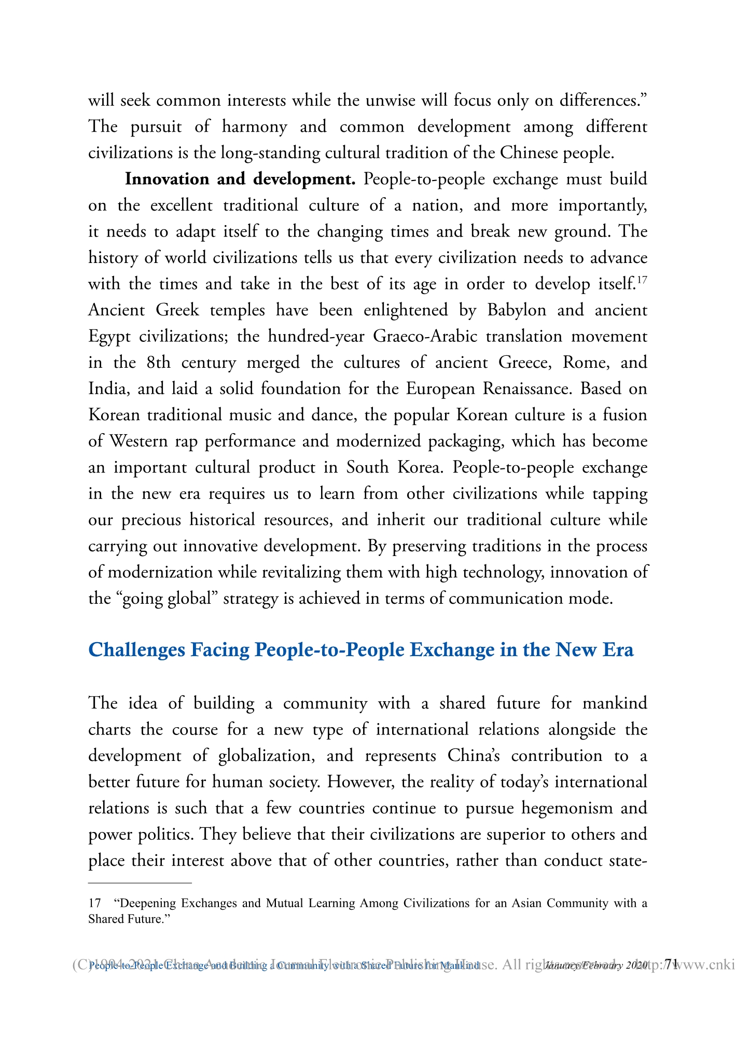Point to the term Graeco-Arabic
(425, 337)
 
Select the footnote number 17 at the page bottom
(94, 903)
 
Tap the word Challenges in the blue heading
(136, 650)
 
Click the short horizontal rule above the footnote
(140, 882)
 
